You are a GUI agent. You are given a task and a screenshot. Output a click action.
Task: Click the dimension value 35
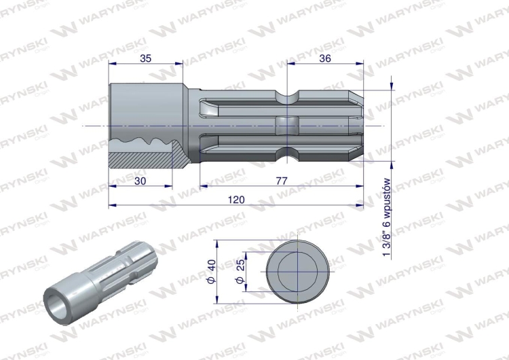click(x=145, y=58)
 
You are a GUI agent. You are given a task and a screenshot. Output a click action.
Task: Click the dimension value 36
click(x=324, y=58)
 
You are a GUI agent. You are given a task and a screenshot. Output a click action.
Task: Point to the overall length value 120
click(x=236, y=200)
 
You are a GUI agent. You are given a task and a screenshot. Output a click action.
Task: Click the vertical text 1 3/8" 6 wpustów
click(x=387, y=217)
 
